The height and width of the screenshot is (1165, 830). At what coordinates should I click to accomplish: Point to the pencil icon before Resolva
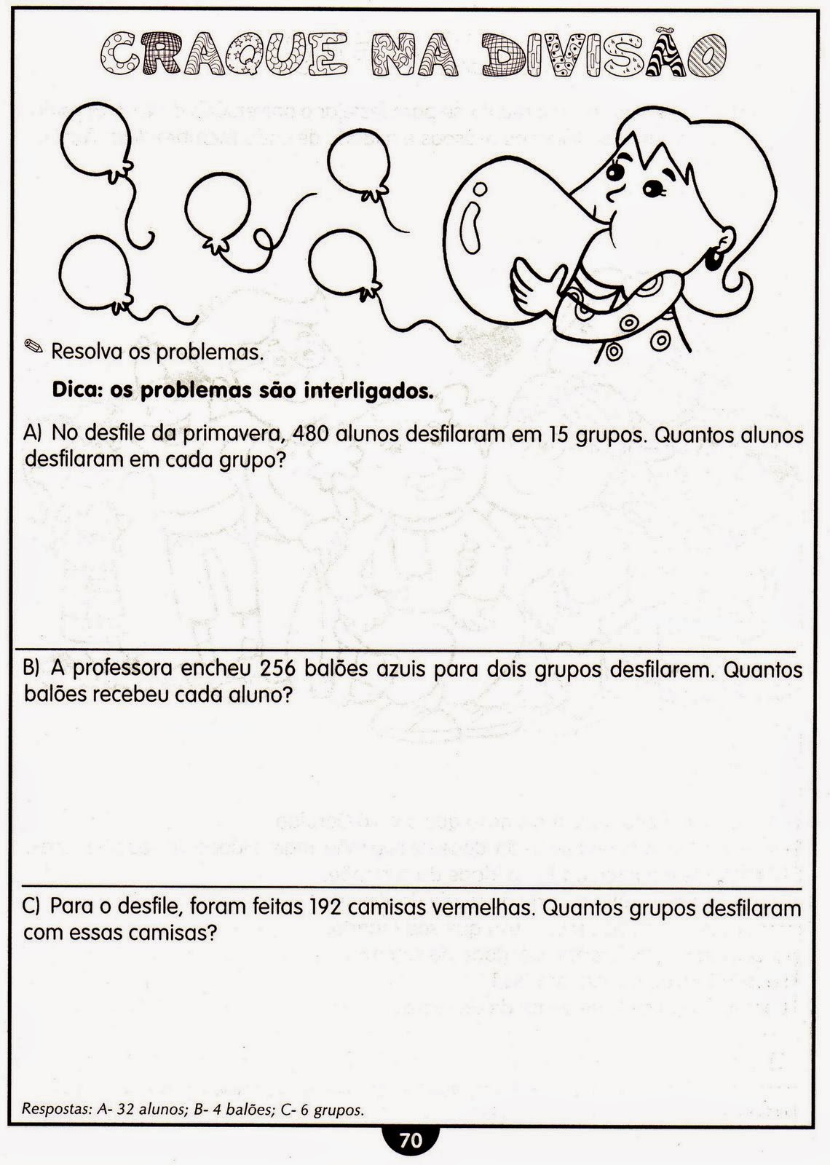[33, 347]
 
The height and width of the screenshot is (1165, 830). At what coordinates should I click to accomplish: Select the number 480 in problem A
[310, 435]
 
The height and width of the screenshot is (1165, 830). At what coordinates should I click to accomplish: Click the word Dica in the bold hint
[75, 391]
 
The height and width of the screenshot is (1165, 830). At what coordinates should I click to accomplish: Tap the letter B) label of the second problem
[31, 669]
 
